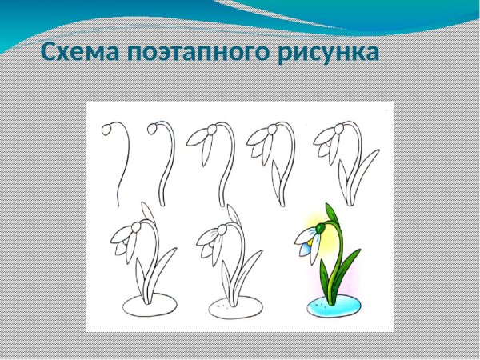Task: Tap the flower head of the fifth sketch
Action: (x=330, y=142)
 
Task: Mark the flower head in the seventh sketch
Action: (x=214, y=240)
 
